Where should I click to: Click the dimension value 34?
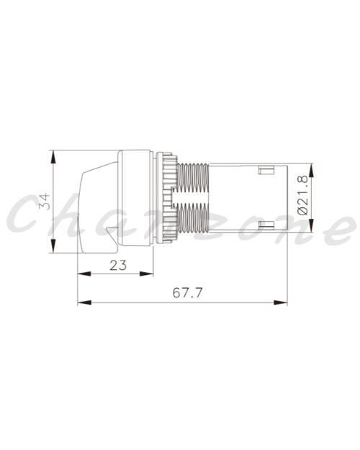point(45,202)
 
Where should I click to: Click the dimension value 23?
point(118,265)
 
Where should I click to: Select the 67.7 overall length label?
point(188,293)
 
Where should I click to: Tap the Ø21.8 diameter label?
point(302,195)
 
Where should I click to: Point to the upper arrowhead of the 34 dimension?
point(53,157)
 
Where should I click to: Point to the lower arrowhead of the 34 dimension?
point(53,246)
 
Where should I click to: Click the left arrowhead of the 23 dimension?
point(84,274)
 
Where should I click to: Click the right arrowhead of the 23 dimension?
point(146,274)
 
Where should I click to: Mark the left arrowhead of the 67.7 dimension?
point(84,302)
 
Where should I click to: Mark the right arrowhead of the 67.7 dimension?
point(281,302)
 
